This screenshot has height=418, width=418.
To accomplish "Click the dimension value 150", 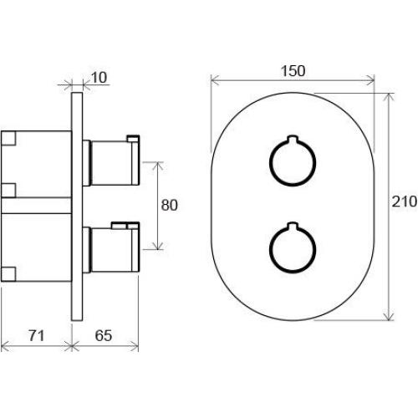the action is tap(293, 71).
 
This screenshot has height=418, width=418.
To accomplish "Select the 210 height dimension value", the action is tap(404, 201).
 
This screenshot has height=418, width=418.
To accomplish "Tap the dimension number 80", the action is tap(169, 206).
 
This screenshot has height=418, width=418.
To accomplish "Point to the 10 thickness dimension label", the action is tap(99, 78).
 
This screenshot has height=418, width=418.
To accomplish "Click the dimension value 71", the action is tap(37, 335).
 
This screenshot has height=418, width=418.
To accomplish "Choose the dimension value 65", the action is tap(104, 335).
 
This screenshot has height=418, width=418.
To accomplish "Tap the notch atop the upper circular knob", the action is tap(293, 138).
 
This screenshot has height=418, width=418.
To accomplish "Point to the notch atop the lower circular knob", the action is tap(293, 225).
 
